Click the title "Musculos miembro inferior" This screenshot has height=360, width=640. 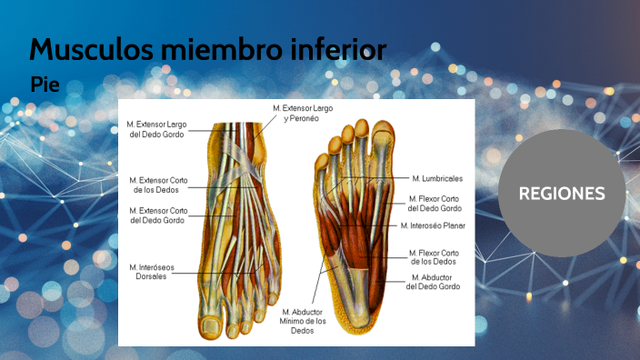(208, 49)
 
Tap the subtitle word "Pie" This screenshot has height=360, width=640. (45, 85)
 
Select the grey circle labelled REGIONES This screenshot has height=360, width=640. (562, 193)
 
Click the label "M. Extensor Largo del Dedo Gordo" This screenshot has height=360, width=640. (156, 128)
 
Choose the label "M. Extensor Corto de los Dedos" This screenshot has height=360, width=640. (158, 185)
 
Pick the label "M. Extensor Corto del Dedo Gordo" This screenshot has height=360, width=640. (158, 215)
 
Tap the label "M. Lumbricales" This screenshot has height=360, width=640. (436, 178)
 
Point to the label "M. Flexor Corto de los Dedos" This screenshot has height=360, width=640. (434, 256)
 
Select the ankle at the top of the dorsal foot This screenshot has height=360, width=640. (238, 132)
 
